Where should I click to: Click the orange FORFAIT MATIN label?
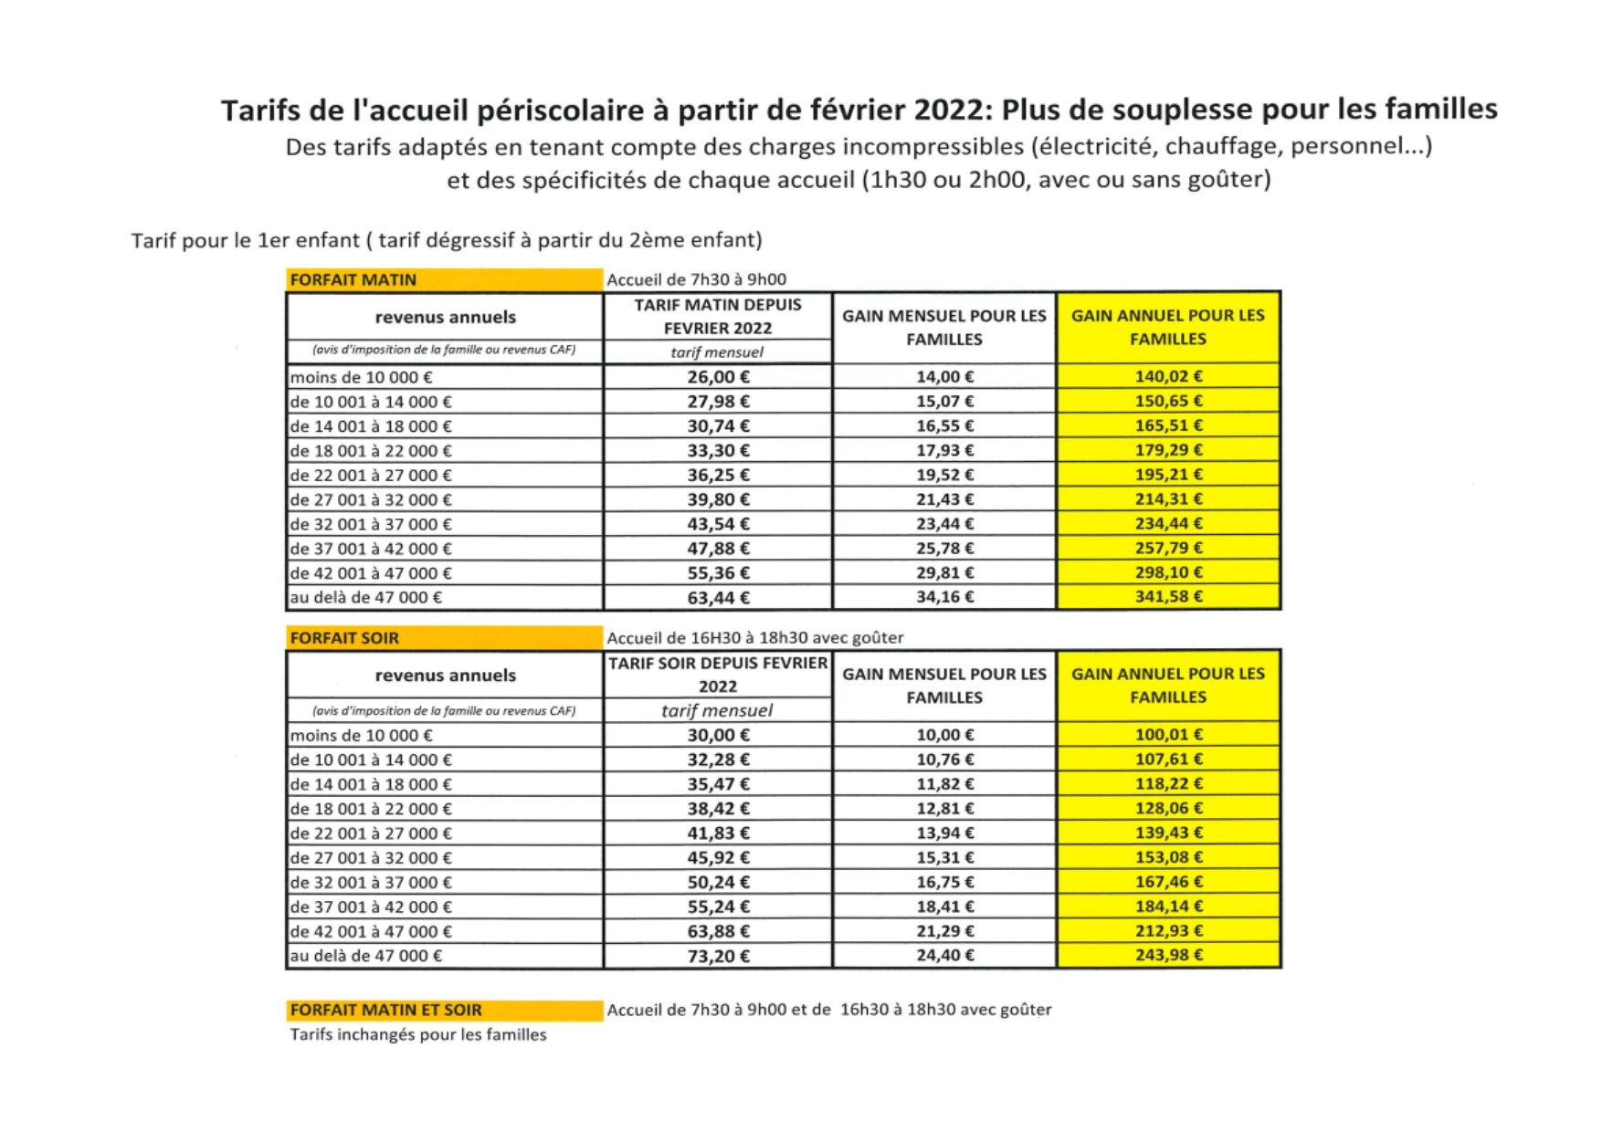coord(353,280)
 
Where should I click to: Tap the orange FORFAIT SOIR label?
coord(344,638)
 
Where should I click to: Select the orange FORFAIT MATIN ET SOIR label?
coord(385,1010)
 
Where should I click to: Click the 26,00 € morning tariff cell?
coord(718,377)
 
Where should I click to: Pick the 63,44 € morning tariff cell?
coord(718,598)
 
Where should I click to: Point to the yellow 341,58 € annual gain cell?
coord(1168,597)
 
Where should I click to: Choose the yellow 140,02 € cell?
coord(1168,376)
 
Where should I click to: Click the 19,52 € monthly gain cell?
coord(944,475)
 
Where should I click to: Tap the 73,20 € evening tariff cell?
coord(718,956)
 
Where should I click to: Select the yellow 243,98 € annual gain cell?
coord(1168,955)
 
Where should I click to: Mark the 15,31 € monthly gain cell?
coord(944,857)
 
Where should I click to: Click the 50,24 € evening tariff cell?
coord(718,882)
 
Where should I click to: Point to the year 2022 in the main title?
coord(945,110)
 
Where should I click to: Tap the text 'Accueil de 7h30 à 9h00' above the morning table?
coord(696,280)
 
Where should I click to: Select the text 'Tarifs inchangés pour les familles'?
coord(418,1035)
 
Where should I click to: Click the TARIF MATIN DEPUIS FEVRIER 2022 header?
coord(718,317)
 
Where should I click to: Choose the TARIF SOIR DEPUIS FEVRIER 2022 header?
coord(718,675)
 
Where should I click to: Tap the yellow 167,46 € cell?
coord(1168,882)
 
